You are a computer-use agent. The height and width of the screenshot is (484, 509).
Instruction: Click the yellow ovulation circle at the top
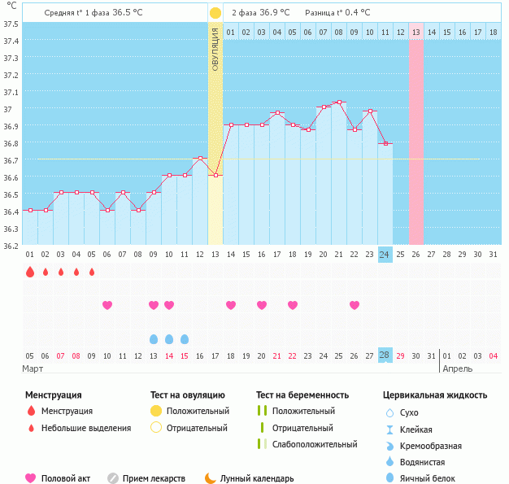215,13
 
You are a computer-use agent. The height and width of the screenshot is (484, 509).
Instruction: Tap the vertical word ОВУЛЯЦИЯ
215,49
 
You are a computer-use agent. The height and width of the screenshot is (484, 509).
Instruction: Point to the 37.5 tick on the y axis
11,24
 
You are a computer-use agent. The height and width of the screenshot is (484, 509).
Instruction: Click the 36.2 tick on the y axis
11,245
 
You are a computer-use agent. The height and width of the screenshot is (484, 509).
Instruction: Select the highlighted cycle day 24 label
385,255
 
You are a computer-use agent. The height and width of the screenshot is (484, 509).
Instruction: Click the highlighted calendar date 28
385,355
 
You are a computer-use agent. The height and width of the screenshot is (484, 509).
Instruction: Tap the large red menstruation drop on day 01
30,272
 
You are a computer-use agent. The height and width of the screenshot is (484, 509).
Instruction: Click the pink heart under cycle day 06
107,305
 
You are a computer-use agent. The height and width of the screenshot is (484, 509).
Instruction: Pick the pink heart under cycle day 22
354,305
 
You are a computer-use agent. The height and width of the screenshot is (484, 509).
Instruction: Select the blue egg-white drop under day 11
185,338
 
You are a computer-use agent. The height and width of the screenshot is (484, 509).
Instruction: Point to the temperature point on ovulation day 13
215,176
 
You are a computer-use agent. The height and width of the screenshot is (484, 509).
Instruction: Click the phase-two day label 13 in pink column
415,32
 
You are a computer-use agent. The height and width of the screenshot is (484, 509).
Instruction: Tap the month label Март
33,368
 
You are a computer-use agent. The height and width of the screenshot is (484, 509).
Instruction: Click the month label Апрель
457,368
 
